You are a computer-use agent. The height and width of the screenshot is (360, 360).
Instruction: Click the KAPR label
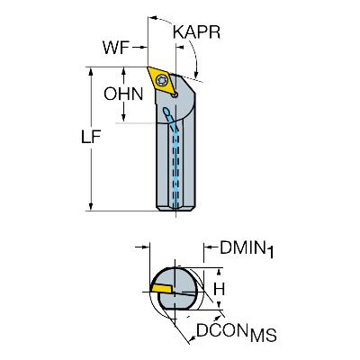(x=197, y=32)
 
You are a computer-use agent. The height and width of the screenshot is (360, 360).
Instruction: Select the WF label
(x=116, y=48)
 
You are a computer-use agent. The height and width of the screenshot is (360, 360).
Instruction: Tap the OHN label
(x=123, y=94)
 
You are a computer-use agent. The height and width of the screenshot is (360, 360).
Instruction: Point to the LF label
(x=91, y=137)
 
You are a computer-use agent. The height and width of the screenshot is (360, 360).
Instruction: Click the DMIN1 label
(x=247, y=249)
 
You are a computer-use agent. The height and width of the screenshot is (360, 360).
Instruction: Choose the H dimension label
(x=220, y=290)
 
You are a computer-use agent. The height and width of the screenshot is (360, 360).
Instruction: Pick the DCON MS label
(x=237, y=332)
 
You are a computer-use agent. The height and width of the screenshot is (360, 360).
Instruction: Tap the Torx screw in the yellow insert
(x=161, y=79)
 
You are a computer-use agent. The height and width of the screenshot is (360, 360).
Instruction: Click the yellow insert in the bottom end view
(x=162, y=289)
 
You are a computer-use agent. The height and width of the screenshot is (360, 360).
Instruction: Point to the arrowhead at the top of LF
(x=91, y=71)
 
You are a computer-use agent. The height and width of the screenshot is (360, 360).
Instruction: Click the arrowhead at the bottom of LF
(x=91, y=207)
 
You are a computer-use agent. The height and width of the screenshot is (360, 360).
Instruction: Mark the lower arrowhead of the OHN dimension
(x=123, y=118)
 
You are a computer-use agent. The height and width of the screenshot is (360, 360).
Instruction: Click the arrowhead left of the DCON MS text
(x=191, y=338)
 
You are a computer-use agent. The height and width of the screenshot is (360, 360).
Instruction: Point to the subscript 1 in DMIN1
(x=270, y=252)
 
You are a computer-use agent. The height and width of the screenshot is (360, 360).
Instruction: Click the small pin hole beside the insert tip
(x=175, y=95)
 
